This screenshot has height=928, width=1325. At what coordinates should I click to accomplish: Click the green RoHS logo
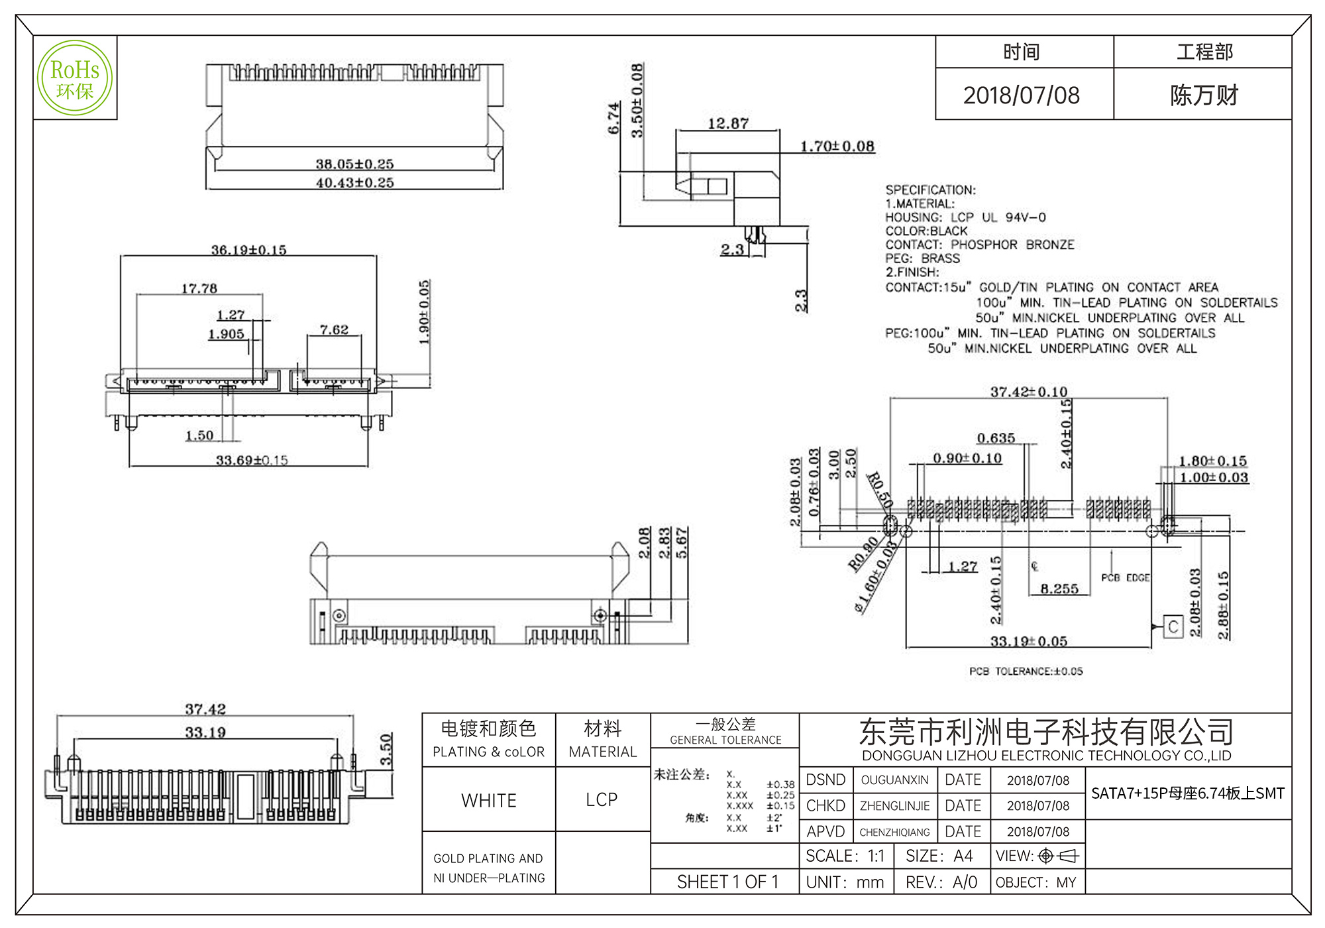click(75, 78)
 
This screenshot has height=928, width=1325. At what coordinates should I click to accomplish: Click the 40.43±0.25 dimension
click(354, 182)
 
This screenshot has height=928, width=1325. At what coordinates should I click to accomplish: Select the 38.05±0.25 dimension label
click(354, 164)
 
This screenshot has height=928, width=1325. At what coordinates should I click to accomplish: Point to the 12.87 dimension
click(728, 123)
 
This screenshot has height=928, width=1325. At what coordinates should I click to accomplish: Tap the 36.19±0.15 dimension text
click(248, 250)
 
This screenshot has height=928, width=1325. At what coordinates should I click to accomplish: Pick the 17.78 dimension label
click(199, 288)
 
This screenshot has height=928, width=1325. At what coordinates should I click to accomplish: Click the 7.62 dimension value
click(334, 329)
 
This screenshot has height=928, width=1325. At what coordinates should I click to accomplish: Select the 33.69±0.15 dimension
click(252, 460)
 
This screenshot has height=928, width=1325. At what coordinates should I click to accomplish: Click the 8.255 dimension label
click(1059, 589)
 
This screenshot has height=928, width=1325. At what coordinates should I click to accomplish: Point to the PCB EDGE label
click(1125, 578)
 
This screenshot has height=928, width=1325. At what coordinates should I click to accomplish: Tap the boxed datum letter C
click(1173, 626)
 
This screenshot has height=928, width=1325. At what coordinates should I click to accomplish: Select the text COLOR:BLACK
click(926, 231)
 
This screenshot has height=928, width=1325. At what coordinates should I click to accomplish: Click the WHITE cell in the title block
click(489, 801)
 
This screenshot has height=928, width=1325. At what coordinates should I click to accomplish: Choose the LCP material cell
click(602, 800)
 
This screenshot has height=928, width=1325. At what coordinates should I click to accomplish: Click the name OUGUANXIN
click(894, 780)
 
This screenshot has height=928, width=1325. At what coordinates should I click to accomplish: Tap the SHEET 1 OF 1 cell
click(727, 882)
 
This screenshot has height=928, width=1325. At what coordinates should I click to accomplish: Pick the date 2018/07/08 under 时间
click(1021, 95)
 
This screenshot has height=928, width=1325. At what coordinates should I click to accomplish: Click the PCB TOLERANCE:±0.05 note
click(1026, 671)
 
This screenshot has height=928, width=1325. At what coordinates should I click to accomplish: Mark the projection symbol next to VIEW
click(1059, 856)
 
